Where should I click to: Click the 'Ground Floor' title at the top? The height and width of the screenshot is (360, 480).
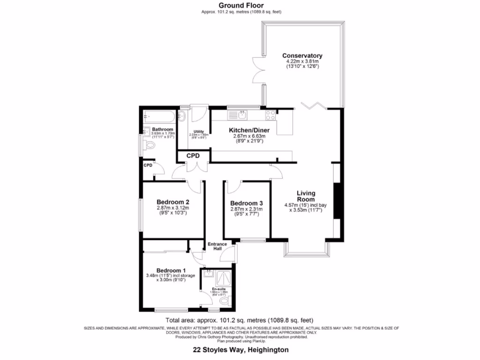coord(240,5)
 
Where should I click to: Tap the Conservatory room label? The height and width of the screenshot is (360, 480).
coord(302,56)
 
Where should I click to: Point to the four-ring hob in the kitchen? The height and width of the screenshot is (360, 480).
coord(271,115)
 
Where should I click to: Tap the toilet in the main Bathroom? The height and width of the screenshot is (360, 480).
coord(150,146)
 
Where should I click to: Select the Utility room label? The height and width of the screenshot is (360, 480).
coord(198,132)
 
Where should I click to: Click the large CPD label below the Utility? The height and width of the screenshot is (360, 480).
coord(193,156)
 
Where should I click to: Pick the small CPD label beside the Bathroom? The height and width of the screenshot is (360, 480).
coord(148,165)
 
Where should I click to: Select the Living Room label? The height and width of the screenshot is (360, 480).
coord(306,196)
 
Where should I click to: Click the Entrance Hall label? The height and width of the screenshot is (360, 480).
coord(217,246)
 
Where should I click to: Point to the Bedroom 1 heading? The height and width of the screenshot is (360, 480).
coord(171,270)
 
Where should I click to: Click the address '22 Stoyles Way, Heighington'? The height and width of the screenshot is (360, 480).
coord(240,350)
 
